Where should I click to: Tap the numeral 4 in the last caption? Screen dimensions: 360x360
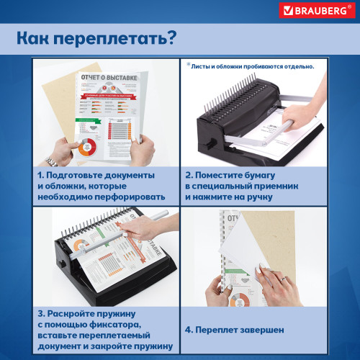coord(190,330)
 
